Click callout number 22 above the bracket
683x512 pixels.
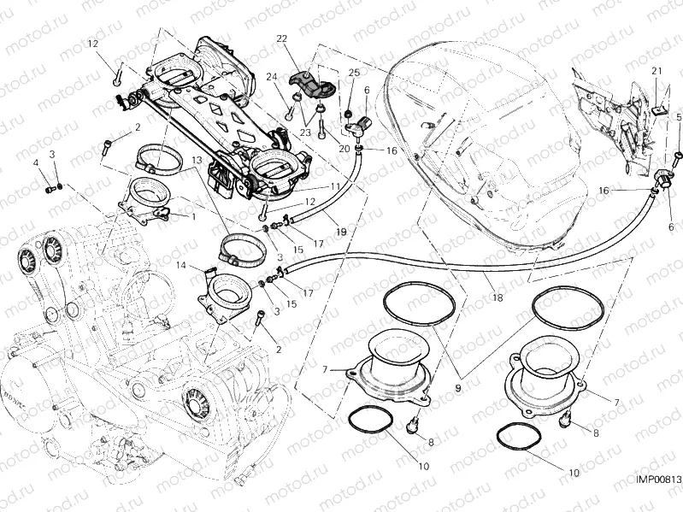tap(281, 39)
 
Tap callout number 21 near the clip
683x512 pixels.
tap(657, 70)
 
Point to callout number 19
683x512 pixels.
tap(341, 232)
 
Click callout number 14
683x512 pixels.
tap(181, 266)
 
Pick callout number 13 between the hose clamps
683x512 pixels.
tap(196, 160)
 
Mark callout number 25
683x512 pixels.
tap(354, 74)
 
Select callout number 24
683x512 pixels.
tap(272, 77)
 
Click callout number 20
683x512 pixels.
tap(343, 149)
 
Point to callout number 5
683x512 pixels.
tap(677, 116)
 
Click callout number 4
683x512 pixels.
tap(36, 162)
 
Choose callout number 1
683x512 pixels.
tap(193, 217)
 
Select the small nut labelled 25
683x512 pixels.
tap(349, 114)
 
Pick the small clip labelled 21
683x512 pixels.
tap(657, 109)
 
